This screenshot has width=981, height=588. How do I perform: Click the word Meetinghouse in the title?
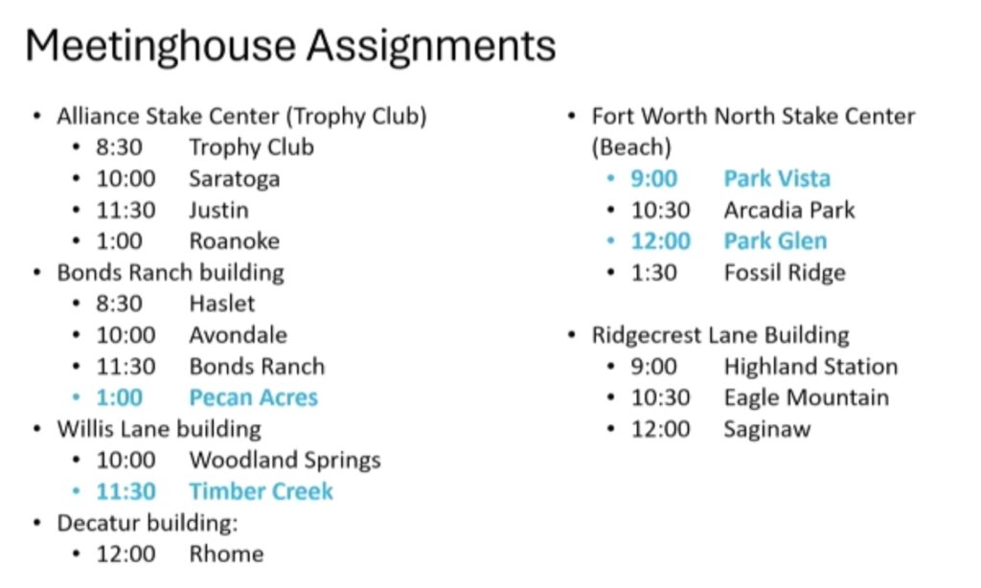[161, 47]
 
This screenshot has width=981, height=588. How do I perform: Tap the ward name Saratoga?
[235, 179]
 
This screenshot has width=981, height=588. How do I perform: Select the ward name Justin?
[219, 210]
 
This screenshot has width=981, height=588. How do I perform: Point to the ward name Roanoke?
[235, 241]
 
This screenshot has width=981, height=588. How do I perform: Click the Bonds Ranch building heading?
[171, 273]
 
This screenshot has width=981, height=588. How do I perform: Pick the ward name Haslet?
[222, 304]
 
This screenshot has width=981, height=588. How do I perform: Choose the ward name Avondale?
[239, 335]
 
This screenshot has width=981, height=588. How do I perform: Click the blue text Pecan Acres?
[254, 397]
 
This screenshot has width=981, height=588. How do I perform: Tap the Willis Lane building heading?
[159, 430]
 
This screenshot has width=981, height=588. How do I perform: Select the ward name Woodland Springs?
[285, 461]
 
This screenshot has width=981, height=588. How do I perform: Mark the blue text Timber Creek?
[261, 491]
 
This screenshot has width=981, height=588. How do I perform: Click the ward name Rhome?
[226, 554]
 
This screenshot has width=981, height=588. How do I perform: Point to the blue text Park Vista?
[777, 179]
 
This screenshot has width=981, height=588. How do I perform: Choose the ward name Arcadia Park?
[789, 210]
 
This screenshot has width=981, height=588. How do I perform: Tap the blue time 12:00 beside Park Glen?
[661, 241]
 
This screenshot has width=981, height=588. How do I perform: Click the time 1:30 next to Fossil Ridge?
[653, 273]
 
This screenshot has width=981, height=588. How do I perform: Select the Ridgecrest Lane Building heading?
[720, 336]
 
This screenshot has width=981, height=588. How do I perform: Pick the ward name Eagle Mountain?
[807, 397]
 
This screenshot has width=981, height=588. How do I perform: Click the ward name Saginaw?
[767, 430]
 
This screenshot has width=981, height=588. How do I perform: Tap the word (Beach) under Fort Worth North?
[631, 147]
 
